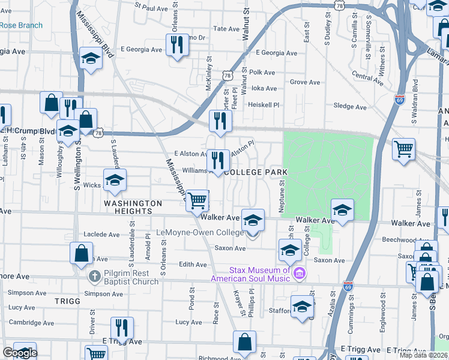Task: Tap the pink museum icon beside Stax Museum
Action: click(x=300, y=274)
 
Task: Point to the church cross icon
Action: click(x=93, y=277)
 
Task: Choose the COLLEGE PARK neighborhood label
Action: click(x=255, y=172)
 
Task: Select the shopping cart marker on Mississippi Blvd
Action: click(x=197, y=200)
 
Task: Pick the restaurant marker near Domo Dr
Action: click(x=177, y=45)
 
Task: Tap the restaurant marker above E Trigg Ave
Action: click(x=122, y=328)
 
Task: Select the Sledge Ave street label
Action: click(x=349, y=107)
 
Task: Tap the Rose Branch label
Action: click(x=21, y=25)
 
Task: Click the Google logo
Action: click(x=19, y=353)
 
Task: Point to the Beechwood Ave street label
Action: click(x=402, y=239)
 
